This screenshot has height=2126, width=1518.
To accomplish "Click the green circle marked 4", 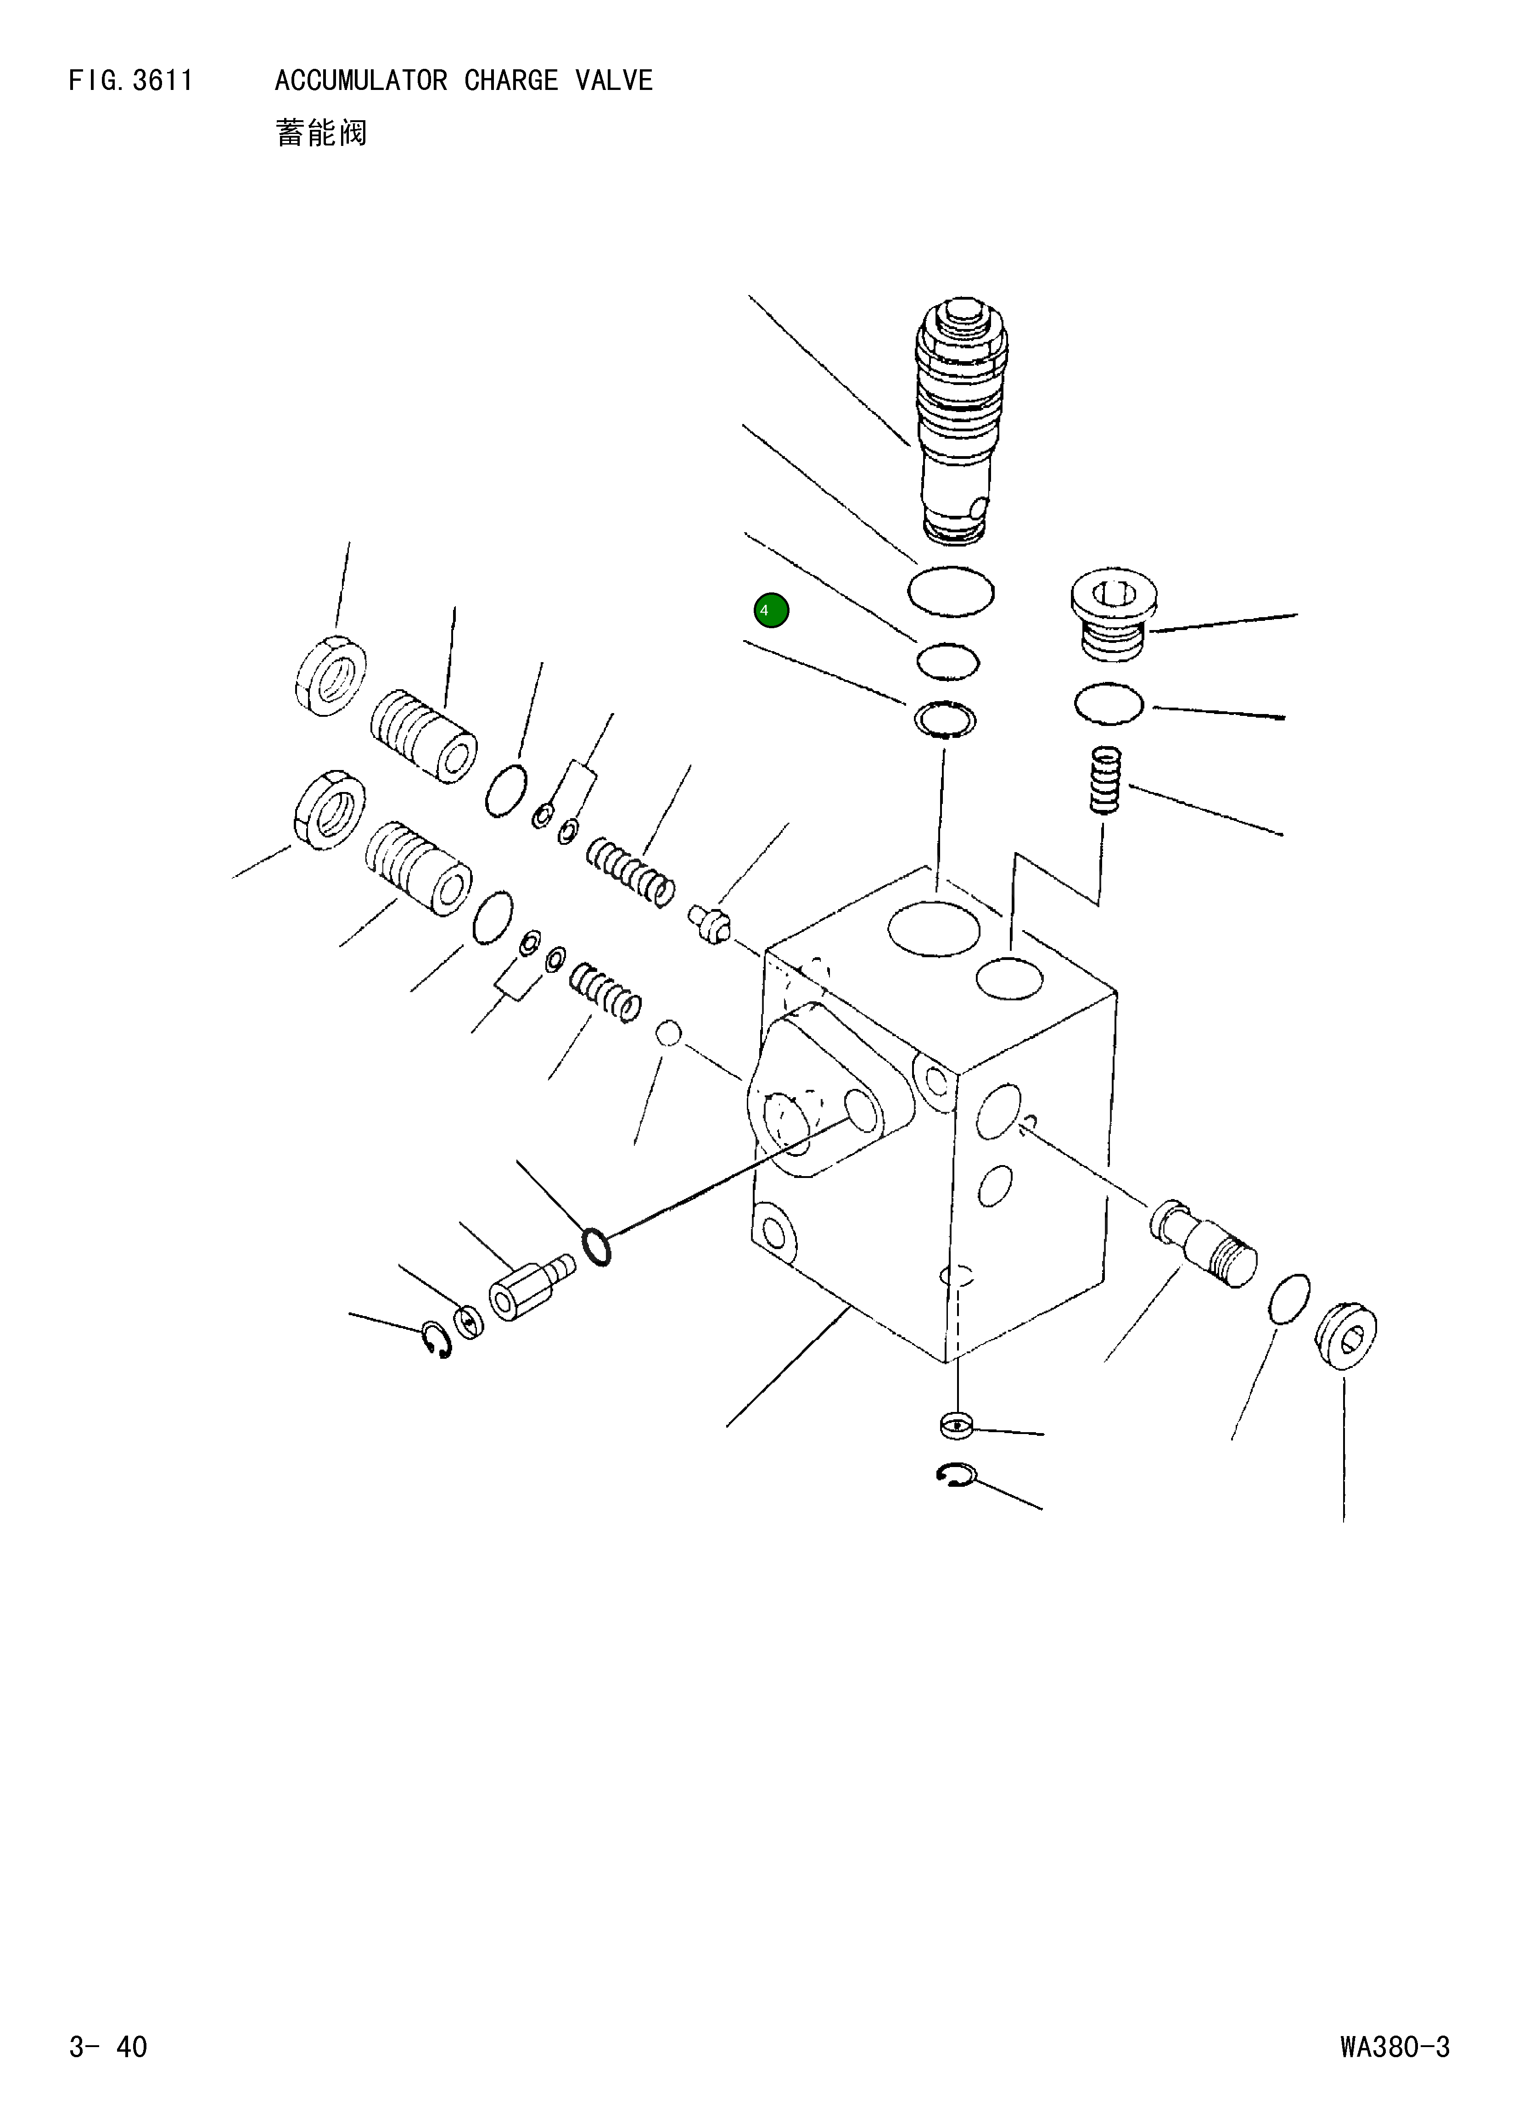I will coord(771,610).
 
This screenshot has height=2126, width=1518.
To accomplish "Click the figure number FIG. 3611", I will coord(131,81).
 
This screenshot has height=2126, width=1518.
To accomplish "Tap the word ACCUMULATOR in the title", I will coord(361,81).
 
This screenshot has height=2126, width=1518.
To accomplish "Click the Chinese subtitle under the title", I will coord(321,133).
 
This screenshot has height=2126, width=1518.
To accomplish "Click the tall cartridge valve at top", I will coord(963,420).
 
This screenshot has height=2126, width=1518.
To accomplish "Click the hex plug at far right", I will coord(1346,1336).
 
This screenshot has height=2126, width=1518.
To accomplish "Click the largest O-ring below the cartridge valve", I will coord(951,591).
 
